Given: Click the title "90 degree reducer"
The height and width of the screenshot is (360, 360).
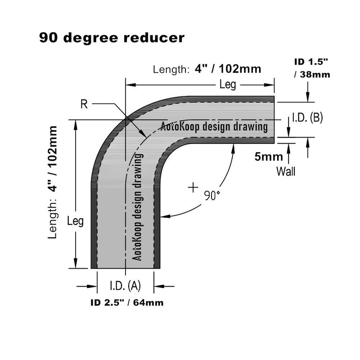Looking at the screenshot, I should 112,38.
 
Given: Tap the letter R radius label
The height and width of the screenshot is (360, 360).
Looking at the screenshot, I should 84,104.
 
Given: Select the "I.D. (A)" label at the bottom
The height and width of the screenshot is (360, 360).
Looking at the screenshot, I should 126,285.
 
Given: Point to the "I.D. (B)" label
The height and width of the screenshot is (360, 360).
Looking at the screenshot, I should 307,118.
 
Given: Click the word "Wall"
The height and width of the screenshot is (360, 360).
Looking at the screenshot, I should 286,171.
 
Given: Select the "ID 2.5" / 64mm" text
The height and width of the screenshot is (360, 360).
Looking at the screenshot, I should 126,303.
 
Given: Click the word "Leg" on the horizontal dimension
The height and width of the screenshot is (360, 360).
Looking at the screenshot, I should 228,84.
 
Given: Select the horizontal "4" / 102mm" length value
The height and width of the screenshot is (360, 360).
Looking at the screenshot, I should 228,69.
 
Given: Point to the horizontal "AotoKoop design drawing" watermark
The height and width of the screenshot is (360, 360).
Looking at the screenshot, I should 214,126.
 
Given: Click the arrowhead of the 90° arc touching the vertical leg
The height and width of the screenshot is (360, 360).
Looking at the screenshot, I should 164,217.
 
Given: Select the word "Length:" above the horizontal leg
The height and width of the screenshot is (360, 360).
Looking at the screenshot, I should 171,70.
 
